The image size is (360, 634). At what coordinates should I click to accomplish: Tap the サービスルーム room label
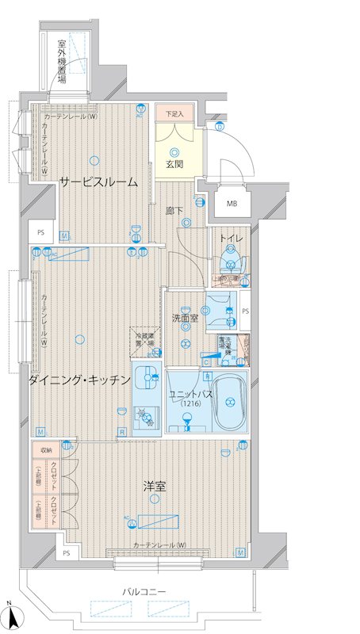[x=98, y=182]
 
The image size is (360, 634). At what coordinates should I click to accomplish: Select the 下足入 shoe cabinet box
[x=174, y=115]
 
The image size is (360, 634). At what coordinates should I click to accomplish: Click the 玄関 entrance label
[x=174, y=165]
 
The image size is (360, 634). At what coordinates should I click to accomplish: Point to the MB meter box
[x=232, y=204]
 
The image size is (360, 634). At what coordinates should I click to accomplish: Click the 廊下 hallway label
[x=174, y=211]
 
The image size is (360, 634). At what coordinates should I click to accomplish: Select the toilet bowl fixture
[x=232, y=261]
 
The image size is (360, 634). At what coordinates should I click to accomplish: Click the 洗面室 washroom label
[x=184, y=318]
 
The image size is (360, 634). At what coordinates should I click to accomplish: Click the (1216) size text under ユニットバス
[x=190, y=404]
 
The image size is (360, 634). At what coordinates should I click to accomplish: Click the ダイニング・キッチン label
[x=79, y=380]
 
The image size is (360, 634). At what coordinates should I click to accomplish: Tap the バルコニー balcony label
[x=144, y=592]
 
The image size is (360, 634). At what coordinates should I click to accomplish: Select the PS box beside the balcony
[x=67, y=552]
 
